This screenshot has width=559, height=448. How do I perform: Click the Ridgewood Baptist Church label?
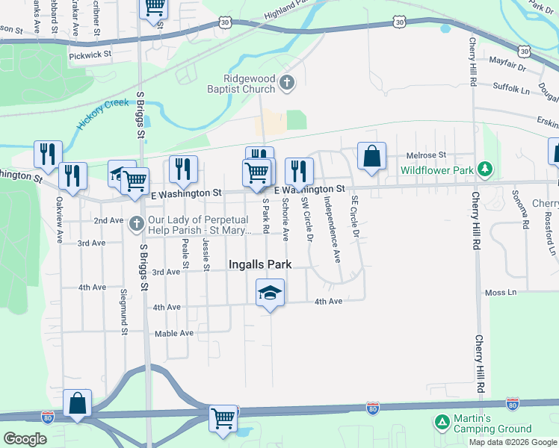pos(250,84)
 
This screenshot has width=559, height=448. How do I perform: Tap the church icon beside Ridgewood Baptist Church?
pos(287,83)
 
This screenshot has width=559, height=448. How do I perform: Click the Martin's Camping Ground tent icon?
pos(442,423)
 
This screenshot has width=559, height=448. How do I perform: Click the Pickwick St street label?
pos(90,55)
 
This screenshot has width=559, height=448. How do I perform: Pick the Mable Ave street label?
pos(173,333)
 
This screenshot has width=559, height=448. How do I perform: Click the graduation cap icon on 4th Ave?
pos(270,292)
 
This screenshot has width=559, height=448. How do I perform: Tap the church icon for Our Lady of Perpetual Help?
pos(136,223)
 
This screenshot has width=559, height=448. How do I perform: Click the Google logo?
pos(25,438)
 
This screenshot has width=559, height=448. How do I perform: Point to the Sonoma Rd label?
pos(526,213)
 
